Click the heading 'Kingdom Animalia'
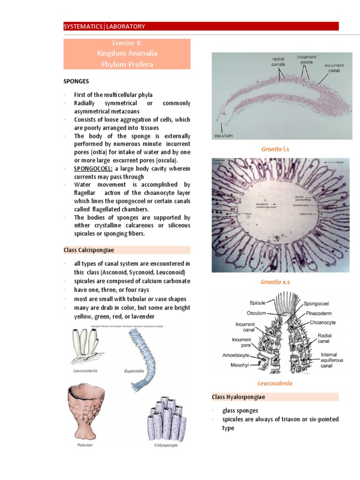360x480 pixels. (x=127, y=53)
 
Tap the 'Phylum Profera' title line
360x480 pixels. (x=127, y=64)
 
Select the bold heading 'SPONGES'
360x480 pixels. (x=76, y=82)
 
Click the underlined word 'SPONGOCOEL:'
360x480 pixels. (x=92, y=168)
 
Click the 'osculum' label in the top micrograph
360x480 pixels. (x=224, y=135)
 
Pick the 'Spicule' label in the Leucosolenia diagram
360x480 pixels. (x=257, y=303)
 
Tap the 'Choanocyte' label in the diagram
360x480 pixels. (x=322, y=322)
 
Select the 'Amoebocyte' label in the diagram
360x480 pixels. (x=235, y=355)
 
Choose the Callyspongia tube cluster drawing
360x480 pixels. (x=165, y=418)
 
